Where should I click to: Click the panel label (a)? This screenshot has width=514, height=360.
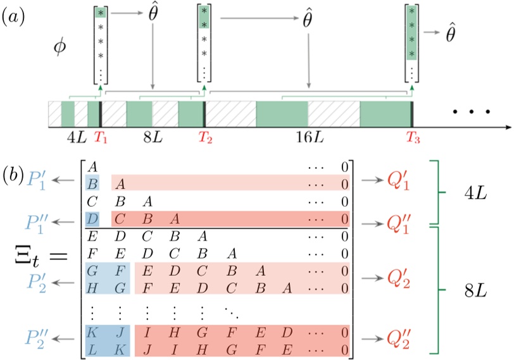[14, 17]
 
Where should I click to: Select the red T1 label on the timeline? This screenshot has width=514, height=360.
[101, 137]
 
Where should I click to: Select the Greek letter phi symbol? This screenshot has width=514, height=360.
[60, 48]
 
